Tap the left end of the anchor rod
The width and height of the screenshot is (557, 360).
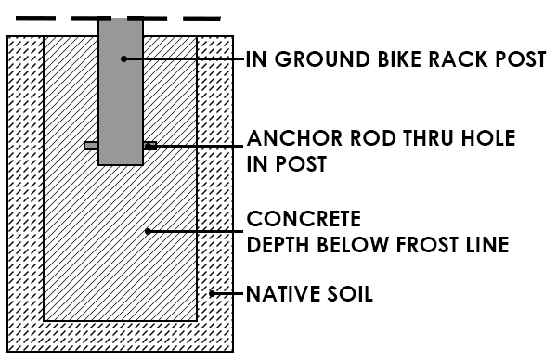(90, 146)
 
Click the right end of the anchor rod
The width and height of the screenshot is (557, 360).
(150, 145)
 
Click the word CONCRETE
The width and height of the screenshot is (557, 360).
(303, 221)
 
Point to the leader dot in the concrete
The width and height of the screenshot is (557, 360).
(148, 231)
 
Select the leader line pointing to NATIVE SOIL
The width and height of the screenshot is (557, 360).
(227, 295)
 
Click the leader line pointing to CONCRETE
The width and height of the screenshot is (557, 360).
(195, 231)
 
